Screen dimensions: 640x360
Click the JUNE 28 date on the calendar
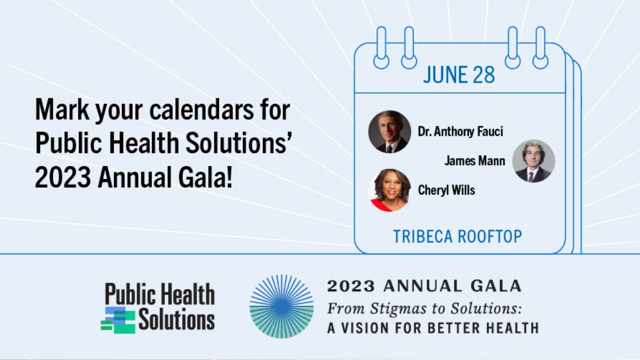(459, 75)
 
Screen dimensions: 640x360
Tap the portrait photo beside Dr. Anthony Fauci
(390, 132)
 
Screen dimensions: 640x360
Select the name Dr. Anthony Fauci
(460, 131)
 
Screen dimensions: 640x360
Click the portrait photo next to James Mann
(533, 161)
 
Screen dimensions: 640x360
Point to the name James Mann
(475, 161)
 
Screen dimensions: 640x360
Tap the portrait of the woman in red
(390, 190)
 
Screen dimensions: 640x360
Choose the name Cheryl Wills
(446, 190)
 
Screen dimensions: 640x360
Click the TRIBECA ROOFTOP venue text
(458, 237)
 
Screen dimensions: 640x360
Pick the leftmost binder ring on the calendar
(381, 47)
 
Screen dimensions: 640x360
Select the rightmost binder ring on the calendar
(540, 47)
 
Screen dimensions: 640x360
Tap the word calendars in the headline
(201, 109)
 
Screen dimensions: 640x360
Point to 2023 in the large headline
(63, 177)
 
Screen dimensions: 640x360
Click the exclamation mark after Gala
(229, 177)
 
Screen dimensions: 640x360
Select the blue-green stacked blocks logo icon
(118, 321)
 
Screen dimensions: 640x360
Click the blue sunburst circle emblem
(282, 307)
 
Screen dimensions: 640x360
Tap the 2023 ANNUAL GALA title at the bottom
(425, 286)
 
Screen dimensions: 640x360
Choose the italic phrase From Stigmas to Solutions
(425, 309)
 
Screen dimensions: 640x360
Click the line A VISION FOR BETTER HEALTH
(433, 328)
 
